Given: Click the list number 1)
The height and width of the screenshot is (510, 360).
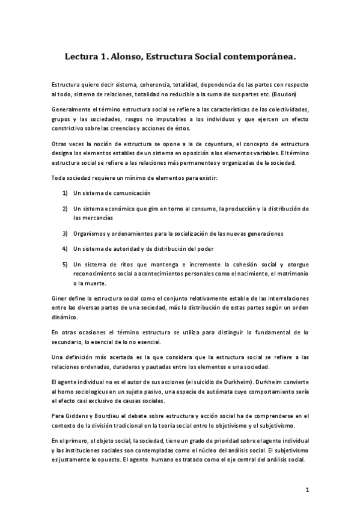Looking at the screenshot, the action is [x=65, y=194].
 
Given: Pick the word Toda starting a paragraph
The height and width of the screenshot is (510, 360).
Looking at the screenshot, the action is [x=59, y=179].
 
